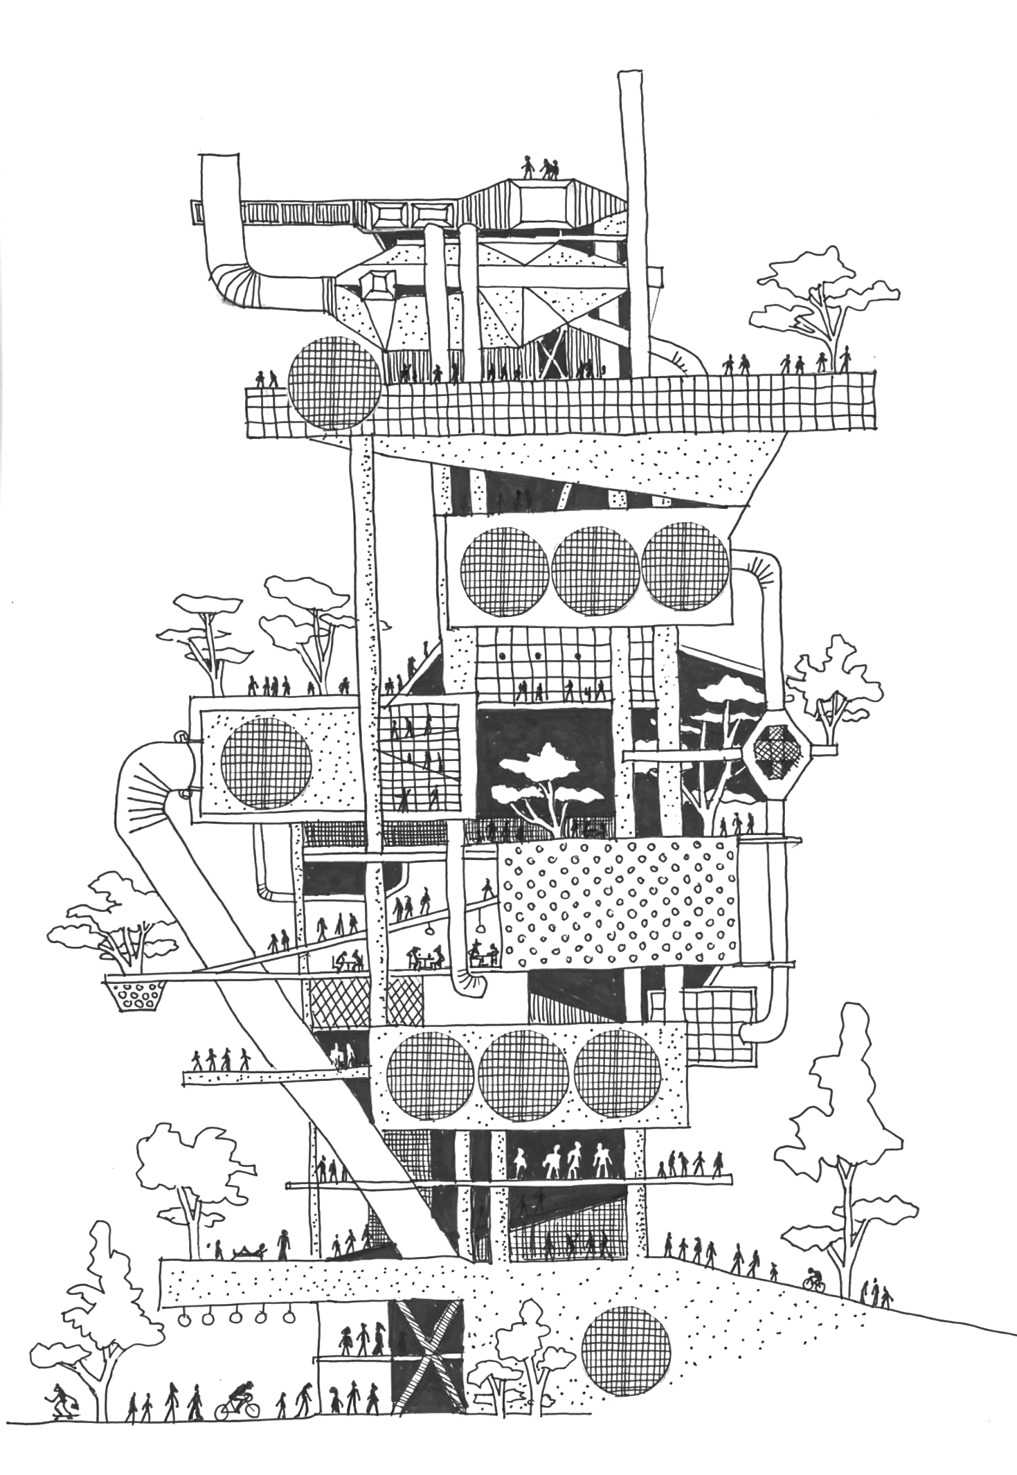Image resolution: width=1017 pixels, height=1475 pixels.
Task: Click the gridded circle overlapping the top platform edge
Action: pos(335,383)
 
